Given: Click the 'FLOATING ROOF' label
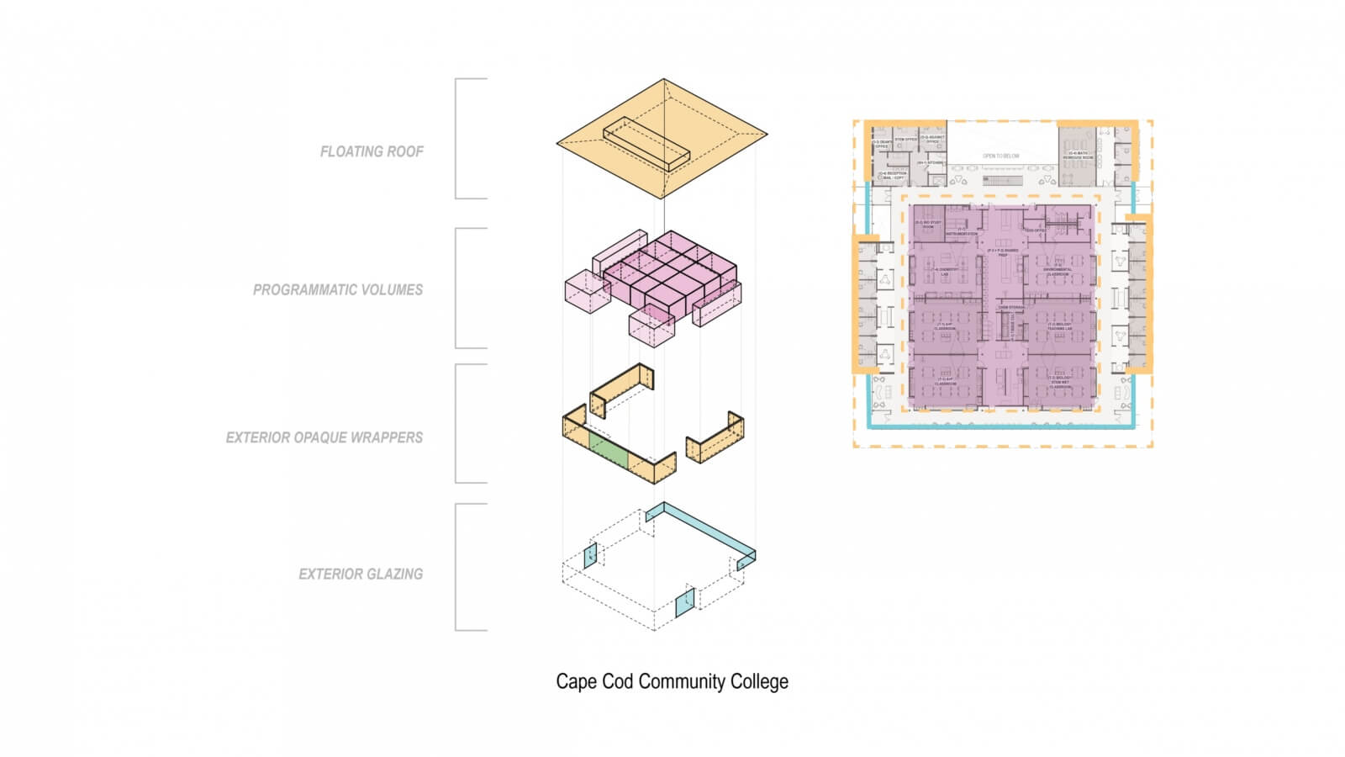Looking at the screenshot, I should [x=372, y=152].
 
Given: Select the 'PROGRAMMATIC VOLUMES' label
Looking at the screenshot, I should [x=338, y=290].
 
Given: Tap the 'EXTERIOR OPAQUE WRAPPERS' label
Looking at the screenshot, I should [x=324, y=438].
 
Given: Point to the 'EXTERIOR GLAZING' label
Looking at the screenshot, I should [x=361, y=574].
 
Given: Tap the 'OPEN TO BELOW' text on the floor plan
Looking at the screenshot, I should [x=1000, y=156].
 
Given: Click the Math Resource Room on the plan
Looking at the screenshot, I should [x=1078, y=156].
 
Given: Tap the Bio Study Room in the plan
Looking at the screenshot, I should [x=928, y=225].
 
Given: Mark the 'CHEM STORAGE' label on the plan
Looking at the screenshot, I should [x=1010, y=308].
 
